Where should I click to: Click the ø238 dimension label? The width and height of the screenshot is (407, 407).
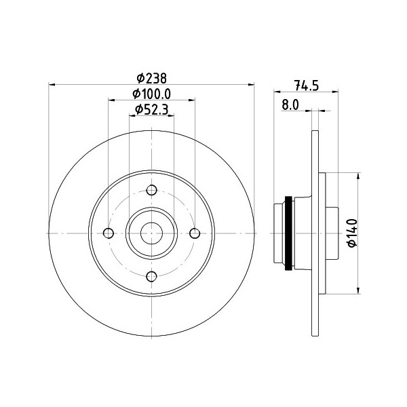point(151,77)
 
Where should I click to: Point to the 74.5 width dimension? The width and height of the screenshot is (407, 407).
point(307,85)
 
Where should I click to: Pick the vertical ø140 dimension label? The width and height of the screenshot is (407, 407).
point(351,233)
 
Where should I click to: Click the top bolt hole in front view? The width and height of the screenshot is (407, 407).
point(151,190)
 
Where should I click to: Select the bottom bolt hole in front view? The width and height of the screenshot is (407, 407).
point(151,275)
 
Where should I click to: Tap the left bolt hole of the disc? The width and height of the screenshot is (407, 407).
point(109,233)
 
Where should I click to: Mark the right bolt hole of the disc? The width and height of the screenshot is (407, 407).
point(195,233)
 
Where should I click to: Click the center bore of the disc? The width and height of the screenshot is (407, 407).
point(151,233)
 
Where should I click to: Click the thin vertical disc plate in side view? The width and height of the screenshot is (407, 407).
point(314,233)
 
